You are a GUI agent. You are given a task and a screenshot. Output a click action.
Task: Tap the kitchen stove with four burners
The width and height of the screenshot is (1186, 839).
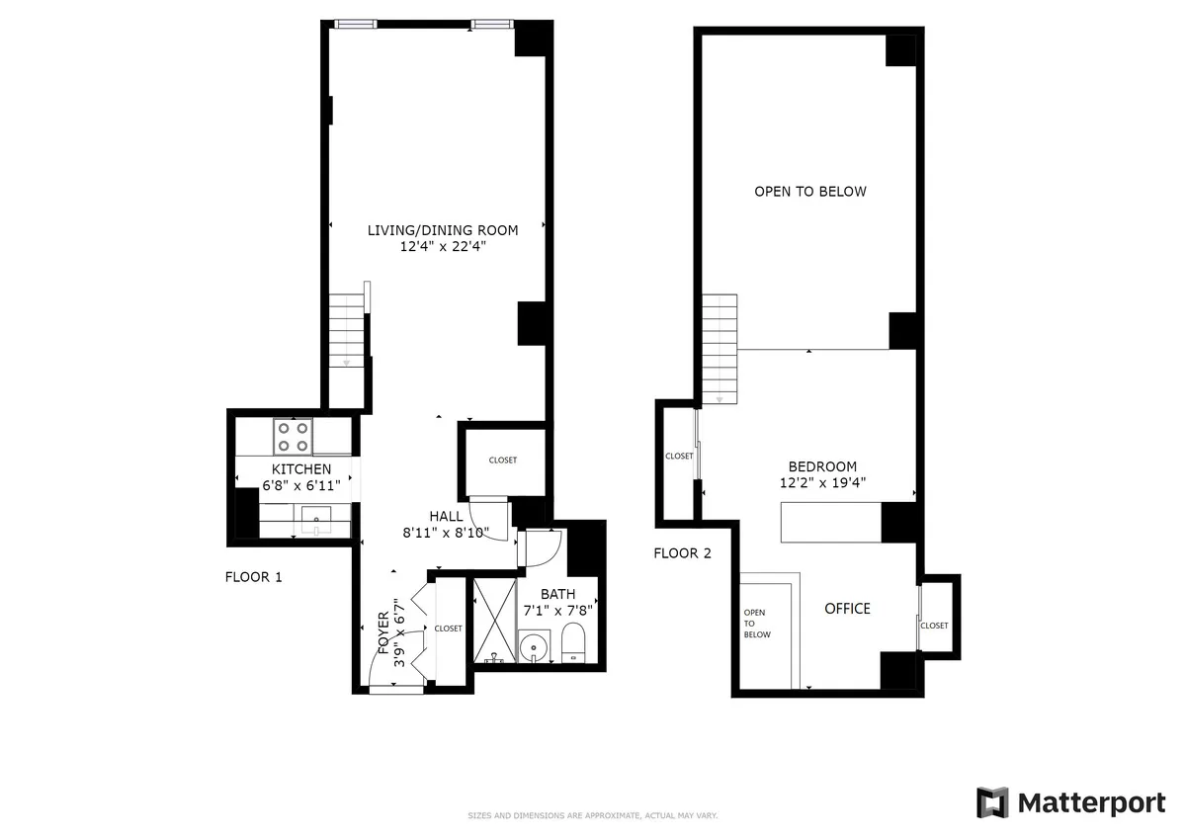[x=294, y=435]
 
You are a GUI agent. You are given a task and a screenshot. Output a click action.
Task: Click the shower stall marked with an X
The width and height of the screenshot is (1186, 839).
[x=493, y=620]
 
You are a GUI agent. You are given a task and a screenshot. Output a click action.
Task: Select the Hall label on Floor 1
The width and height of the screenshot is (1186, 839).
[x=446, y=516]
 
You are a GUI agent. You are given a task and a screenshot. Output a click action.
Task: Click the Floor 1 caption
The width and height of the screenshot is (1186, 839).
[x=254, y=577]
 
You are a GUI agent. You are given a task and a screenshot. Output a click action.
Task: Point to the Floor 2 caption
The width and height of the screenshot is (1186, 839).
[x=682, y=553]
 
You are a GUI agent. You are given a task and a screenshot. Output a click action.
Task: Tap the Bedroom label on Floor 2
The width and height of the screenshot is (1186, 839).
[x=821, y=466]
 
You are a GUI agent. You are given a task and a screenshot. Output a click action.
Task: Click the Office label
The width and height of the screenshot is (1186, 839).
[x=847, y=609]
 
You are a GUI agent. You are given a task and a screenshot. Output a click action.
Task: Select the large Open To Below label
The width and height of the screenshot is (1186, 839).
[x=809, y=192]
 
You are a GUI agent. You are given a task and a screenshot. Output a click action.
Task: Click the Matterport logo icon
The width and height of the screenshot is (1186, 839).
[x=993, y=802]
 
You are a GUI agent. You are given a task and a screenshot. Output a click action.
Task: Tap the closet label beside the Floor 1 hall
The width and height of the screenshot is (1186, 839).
[x=502, y=461]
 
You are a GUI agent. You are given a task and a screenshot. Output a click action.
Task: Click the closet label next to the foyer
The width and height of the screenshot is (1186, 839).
[x=448, y=629]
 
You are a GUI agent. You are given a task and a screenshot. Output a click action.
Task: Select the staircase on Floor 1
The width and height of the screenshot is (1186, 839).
[x=347, y=331]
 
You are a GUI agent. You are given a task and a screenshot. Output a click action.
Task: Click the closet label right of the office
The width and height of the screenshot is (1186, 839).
[x=934, y=626]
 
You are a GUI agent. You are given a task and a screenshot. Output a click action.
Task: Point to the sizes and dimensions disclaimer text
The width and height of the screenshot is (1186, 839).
[x=592, y=815]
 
